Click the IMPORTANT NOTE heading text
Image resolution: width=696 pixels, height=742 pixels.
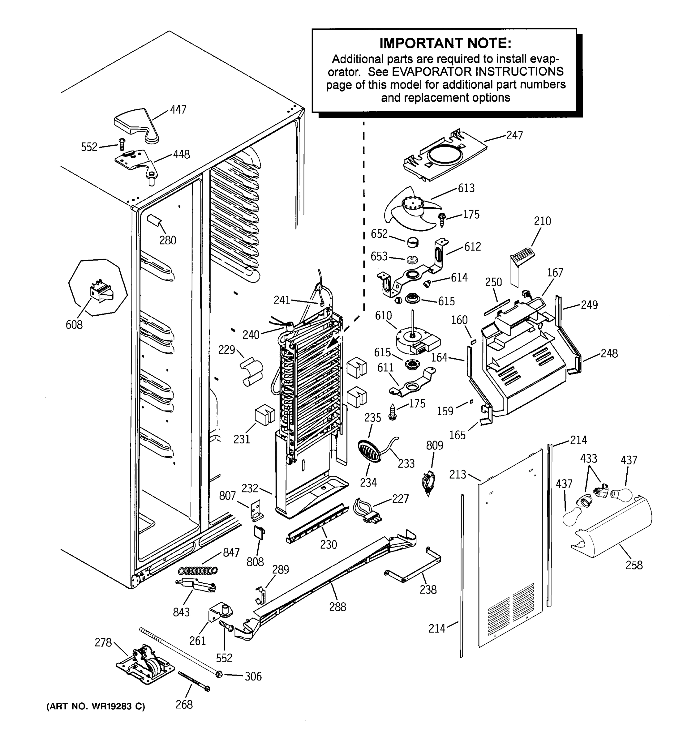[445, 43]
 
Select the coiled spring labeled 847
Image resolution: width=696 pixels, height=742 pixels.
[198, 570]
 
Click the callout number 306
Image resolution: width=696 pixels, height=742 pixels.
[253, 676]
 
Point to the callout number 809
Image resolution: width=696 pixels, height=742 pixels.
[435, 445]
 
